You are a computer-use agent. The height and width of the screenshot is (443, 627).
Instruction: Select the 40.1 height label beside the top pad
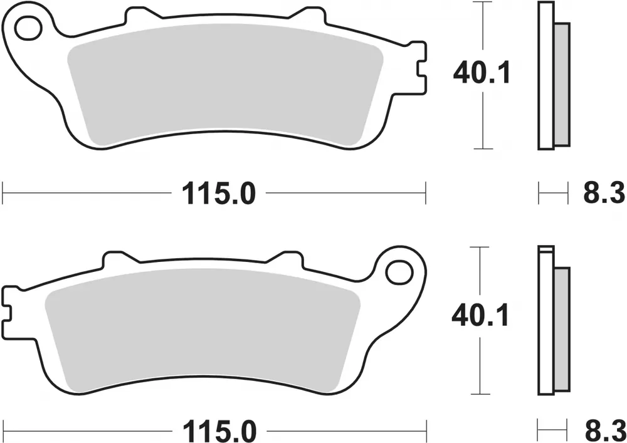(482, 75)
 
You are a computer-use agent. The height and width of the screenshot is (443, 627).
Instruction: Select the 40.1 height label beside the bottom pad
(480, 316)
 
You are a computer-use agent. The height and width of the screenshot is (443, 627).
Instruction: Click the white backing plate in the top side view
(547, 75)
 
